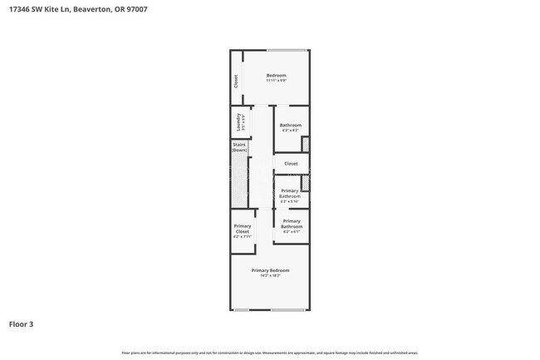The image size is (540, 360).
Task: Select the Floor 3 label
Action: pos(22,324)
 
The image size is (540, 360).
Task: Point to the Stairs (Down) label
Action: pos(239,148)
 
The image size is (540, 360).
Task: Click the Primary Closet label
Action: pos(242,229)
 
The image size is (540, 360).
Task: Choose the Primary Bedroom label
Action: pos(271,269)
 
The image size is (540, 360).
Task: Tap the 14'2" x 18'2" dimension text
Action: pos(271,275)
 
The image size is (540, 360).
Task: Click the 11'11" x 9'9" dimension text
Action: pos(277,81)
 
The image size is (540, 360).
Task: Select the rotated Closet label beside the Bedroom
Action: pos(236,81)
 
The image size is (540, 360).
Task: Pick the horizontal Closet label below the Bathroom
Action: pos(291,164)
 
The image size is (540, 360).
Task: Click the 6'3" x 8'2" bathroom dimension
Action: pos(290,131)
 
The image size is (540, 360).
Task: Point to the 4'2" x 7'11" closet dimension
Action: pos(242,237)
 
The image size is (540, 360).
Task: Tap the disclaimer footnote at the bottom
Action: pos(270,353)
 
